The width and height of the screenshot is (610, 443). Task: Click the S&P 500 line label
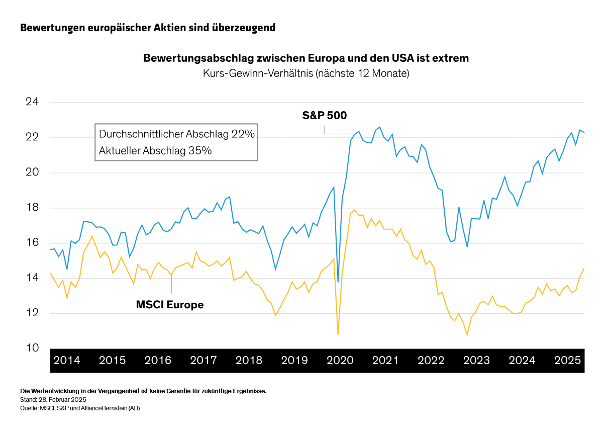point(324,116)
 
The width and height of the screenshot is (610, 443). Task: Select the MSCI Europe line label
point(170,305)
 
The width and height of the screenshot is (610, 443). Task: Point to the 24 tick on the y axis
point(32,102)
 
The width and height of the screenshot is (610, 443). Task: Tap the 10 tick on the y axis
point(32,348)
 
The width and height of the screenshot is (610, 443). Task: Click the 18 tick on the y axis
point(32,208)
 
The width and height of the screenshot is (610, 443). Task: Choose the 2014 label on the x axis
point(67,361)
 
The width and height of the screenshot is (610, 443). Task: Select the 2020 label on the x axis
point(340,361)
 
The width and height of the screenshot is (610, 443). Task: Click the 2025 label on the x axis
point(567,361)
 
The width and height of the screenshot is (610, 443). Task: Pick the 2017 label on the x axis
point(204,361)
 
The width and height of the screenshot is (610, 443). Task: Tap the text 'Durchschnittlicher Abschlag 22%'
point(177,134)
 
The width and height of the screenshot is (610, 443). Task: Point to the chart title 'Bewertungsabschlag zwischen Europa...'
point(306,58)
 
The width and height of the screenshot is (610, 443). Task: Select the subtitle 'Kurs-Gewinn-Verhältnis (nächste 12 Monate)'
point(306,73)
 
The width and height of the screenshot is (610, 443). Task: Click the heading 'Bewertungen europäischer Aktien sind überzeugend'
point(148,28)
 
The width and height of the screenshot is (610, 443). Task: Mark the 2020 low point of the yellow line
point(338,334)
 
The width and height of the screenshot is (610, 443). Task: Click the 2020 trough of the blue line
point(338,282)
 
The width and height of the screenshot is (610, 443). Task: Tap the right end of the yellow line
point(584,269)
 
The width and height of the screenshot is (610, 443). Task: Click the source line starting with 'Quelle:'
point(80,408)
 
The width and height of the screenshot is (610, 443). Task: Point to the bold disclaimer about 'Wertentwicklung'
point(143,391)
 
